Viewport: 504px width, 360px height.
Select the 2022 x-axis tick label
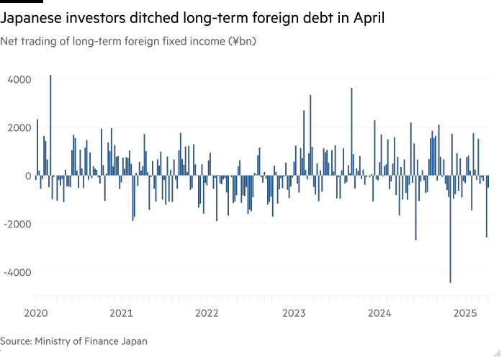pyautogui.click(x=207, y=313)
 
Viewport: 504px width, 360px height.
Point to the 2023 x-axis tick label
pyautogui.click(x=293, y=313)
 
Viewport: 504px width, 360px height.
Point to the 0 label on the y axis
pyautogui.click(x=27, y=176)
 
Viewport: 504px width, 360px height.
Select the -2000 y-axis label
pyautogui.click(x=17, y=224)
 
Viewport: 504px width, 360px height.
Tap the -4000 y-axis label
pyautogui.click(x=17, y=272)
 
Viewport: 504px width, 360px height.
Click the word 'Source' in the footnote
pyautogui.click(x=15, y=341)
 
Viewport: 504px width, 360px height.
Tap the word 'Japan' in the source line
pyautogui.click(x=133, y=341)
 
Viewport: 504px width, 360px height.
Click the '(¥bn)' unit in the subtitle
pyautogui.click(x=242, y=42)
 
